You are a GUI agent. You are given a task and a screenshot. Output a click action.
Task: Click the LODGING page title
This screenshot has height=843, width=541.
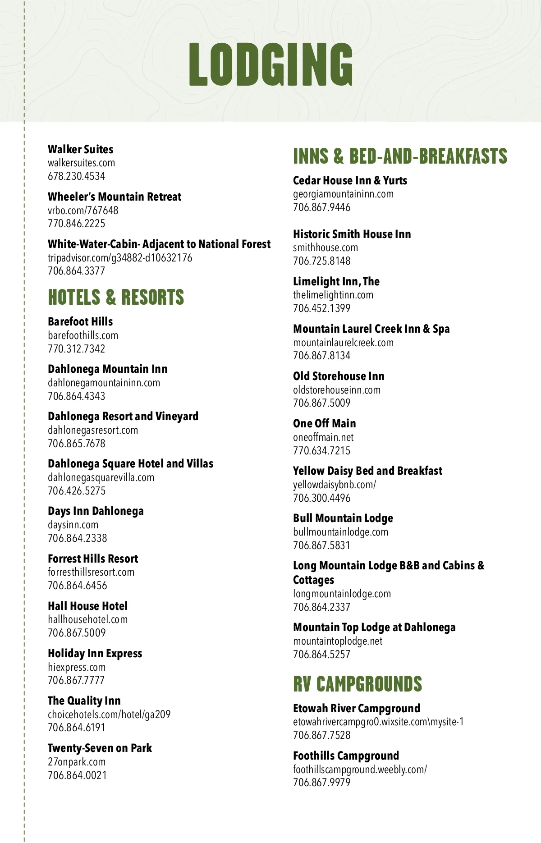pyautogui.click(x=270, y=64)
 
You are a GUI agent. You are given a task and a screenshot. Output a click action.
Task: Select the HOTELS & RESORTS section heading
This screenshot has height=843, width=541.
pyautogui.click(x=116, y=298)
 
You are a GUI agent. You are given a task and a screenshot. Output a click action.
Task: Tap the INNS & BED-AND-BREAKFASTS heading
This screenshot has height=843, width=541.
pyautogui.click(x=400, y=156)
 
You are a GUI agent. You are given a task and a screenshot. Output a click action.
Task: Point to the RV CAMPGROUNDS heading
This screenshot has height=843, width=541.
pyautogui.click(x=358, y=684)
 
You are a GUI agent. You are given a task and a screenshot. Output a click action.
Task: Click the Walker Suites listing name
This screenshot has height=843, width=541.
pyautogui.click(x=80, y=149)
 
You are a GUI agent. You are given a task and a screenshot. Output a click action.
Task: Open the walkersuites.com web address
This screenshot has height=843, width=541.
pyautogui.click(x=81, y=163)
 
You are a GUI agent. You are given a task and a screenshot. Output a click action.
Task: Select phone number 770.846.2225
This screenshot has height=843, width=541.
pyautogui.click(x=76, y=224)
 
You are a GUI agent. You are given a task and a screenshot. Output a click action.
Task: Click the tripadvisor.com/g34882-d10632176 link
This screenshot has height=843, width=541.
pyautogui.click(x=120, y=258)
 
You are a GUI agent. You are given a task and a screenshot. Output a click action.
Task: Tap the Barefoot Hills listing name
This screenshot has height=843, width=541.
pyautogui.click(x=80, y=321)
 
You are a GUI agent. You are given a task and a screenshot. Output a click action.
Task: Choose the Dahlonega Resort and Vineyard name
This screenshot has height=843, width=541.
pyautogui.click(x=123, y=416)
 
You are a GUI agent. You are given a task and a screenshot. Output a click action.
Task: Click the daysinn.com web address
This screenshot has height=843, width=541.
pyautogui.click(x=73, y=525)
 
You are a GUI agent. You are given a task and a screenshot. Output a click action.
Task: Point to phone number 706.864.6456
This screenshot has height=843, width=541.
pyautogui.click(x=78, y=586)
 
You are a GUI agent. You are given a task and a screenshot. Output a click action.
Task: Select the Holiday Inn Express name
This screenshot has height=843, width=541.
pyautogui.click(x=95, y=653)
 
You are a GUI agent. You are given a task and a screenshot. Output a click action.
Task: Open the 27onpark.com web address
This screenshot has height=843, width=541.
pyautogui.click(x=77, y=762)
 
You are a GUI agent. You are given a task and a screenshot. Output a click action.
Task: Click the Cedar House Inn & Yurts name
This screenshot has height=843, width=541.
pyautogui.click(x=350, y=180)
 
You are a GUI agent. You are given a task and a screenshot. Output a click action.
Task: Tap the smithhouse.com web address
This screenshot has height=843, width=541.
pyautogui.click(x=326, y=247)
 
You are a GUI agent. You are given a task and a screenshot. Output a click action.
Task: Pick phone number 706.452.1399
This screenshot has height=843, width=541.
pyautogui.click(x=321, y=308)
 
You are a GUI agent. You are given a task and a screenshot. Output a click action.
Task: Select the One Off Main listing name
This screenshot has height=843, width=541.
pyautogui.click(x=324, y=423)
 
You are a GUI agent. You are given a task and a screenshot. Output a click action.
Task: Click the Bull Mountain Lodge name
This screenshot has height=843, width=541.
pyautogui.click(x=343, y=518)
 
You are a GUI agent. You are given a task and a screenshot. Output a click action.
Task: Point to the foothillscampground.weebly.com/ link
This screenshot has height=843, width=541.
pyautogui.click(x=360, y=769)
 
